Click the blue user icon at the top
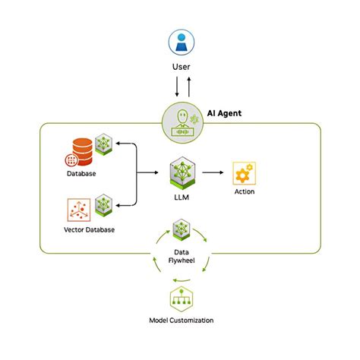180,43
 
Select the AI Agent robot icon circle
180,122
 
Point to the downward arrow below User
175,87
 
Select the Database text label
81,174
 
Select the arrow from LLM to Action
212,173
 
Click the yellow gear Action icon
244,172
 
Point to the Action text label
244,192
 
